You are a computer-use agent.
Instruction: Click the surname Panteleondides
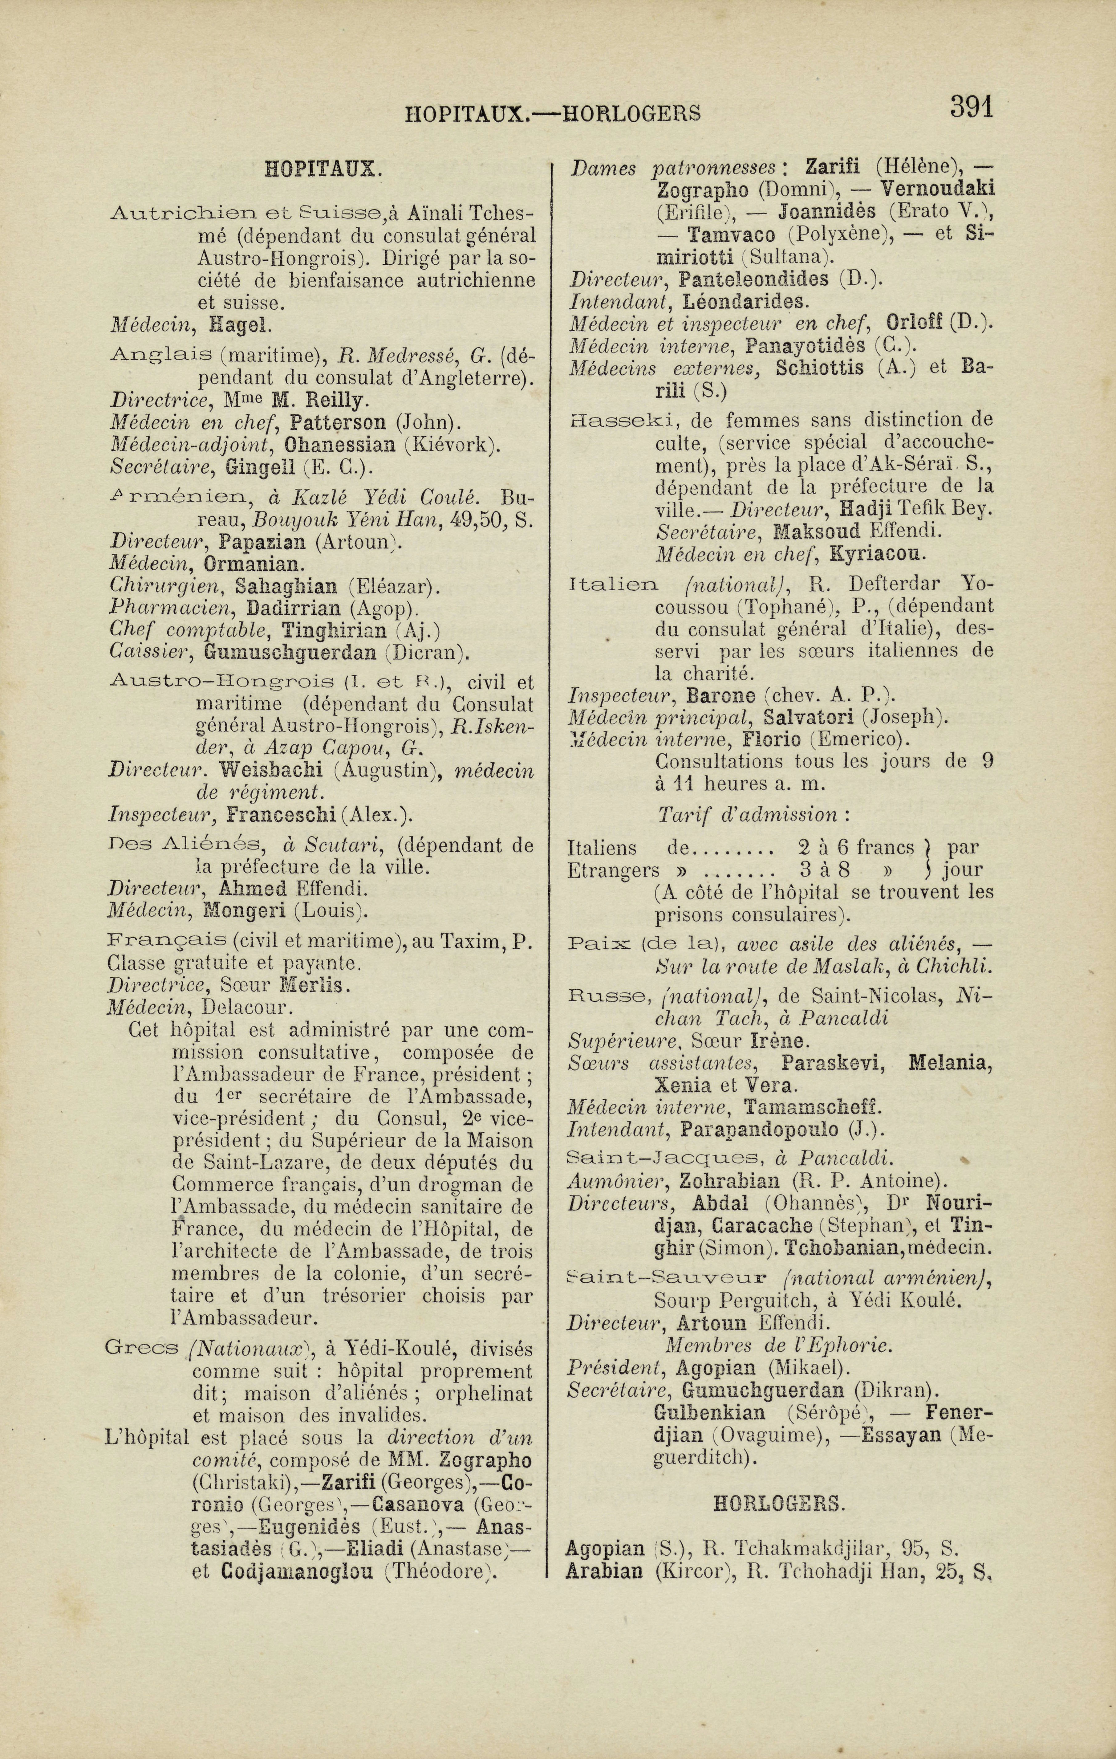[752, 279]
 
